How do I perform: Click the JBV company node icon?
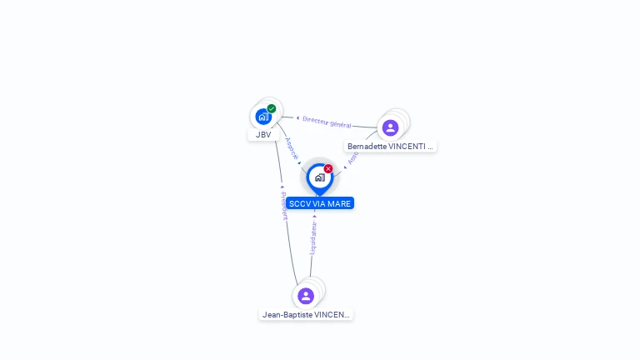coord(263,116)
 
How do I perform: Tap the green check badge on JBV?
coord(272,108)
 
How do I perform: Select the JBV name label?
coord(263,134)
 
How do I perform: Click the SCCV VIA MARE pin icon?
coord(319,177)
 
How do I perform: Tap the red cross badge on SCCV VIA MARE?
coord(328,169)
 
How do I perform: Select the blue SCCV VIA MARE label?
coord(320,203)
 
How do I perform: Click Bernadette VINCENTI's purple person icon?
coord(390,127)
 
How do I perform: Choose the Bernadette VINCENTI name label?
coord(390,147)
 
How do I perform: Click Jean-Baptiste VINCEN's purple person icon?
coord(306,296)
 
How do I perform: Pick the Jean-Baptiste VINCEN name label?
coord(306,315)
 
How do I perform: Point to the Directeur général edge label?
coord(327,122)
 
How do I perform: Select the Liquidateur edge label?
coord(314,237)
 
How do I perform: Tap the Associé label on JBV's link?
coord(291,147)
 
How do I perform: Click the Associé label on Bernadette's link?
coord(353,157)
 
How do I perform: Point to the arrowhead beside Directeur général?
coord(297,118)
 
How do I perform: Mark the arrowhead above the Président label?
coord(282,187)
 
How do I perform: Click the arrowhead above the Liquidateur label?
coord(314,216)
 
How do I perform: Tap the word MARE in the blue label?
coord(339,203)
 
